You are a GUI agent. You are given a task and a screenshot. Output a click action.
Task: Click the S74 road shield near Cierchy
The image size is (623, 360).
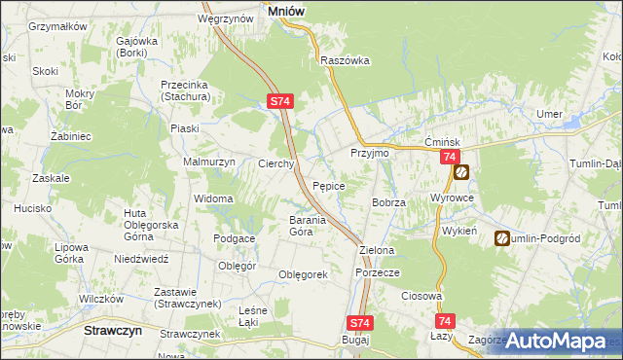pos(279,100)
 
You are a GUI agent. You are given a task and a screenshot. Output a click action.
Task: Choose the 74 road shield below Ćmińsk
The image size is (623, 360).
pos(449,158)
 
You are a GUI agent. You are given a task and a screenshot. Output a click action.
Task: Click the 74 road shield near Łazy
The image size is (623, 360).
pos(445,321)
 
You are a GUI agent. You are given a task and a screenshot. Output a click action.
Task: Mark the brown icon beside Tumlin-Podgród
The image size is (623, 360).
pos(502,237)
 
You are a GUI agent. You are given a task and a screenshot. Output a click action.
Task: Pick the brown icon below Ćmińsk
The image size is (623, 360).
pos(461,173)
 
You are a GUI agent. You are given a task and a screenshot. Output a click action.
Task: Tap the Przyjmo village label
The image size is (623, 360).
pos(370,154)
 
